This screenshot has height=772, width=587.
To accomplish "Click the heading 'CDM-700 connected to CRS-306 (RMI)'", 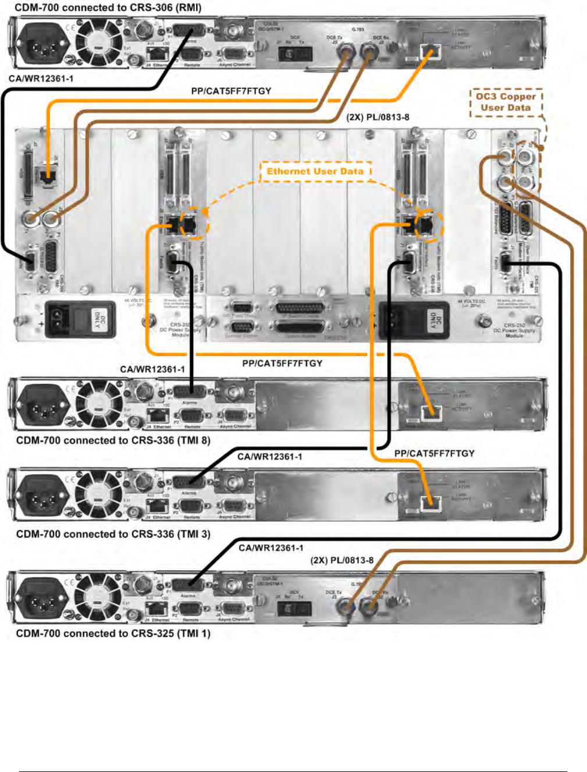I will (x=108, y=8).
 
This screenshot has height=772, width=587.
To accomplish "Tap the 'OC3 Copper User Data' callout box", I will (x=506, y=102).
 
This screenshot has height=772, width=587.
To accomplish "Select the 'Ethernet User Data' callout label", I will (x=315, y=171).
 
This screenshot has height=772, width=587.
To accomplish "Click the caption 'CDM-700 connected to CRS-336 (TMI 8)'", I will (x=113, y=440).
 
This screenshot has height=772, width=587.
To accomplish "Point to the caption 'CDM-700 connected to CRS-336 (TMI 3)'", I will (x=113, y=534).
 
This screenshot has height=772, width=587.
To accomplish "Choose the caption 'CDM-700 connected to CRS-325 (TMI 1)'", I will (x=113, y=634).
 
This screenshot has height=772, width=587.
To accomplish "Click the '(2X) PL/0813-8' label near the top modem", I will (x=378, y=117).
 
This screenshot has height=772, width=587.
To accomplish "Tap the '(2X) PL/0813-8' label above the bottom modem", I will (x=341, y=560).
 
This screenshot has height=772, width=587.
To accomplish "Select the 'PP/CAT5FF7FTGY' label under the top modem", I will (x=231, y=91).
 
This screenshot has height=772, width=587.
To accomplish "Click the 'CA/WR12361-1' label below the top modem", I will (x=41, y=79).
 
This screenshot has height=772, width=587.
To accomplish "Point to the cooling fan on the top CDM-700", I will (x=97, y=42).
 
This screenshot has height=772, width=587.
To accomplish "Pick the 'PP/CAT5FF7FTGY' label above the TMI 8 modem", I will (x=282, y=364).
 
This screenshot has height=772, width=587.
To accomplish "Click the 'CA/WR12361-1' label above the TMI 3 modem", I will (x=269, y=457).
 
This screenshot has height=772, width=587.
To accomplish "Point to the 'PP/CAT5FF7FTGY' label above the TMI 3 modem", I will (x=434, y=453).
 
